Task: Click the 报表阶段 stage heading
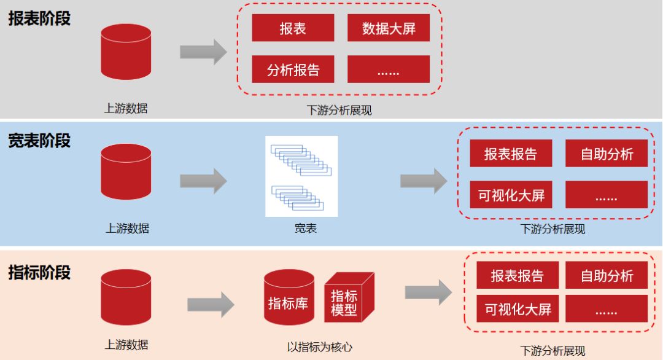[x=39, y=18]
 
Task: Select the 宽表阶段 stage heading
[x=39, y=141]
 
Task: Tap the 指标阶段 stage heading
[x=39, y=272]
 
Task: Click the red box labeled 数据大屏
[x=389, y=28]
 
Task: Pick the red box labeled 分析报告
[x=293, y=69]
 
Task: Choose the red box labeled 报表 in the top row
[x=293, y=28]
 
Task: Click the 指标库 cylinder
[x=289, y=297]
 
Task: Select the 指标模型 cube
[x=349, y=297]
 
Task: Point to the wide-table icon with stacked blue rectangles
[x=301, y=176]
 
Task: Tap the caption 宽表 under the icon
[x=306, y=229]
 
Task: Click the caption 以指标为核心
[x=320, y=347]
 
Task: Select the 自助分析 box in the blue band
[x=607, y=153]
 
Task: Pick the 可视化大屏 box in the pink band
[x=518, y=309]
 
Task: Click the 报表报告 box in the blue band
[x=511, y=153]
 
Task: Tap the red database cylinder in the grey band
[x=126, y=52]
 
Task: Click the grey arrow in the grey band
[x=203, y=52]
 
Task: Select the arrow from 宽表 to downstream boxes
[x=424, y=181]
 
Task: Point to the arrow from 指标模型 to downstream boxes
[x=428, y=292]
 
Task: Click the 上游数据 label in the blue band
[x=127, y=229]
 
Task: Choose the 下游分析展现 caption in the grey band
[x=339, y=111]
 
